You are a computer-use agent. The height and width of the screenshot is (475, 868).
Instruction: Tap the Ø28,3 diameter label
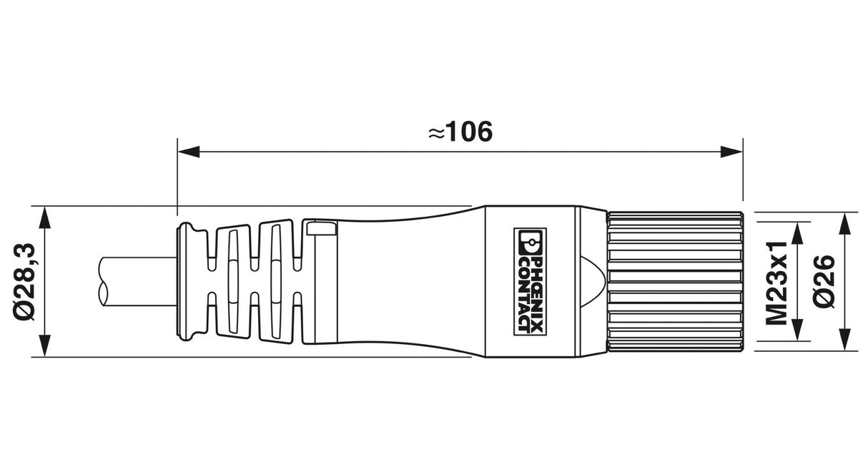coord(24,282)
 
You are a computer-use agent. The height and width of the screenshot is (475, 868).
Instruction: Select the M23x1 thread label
coord(776,283)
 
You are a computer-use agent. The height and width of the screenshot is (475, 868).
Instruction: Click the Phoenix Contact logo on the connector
coord(530,282)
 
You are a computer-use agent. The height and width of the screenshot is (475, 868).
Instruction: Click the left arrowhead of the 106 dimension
coord(189,152)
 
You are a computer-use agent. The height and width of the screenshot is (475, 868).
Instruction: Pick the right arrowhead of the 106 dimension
coord(731,152)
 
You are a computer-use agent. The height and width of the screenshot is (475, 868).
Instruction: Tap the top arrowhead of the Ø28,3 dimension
coord(45,218)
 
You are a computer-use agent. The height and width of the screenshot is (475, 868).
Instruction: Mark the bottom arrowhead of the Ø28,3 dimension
coord(45,345)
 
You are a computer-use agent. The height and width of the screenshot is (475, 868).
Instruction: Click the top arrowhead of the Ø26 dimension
coord(844,224)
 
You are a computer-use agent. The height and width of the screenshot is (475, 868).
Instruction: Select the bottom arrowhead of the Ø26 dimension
coord(844,340)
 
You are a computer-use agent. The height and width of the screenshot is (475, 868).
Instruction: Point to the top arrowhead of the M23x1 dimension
coord(797,233)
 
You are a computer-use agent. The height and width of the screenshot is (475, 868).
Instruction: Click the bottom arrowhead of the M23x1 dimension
coord(797,330)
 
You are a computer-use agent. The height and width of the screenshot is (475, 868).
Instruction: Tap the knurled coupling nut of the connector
coord(675,282)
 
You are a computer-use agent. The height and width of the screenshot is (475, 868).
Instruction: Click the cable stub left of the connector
coord(137,282)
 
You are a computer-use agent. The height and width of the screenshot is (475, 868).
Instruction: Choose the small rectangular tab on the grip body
coord(321,228)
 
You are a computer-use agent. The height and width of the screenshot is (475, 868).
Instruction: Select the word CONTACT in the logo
coord(523,295)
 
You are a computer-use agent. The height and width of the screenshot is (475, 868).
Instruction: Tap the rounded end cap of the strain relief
coord(187,282)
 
